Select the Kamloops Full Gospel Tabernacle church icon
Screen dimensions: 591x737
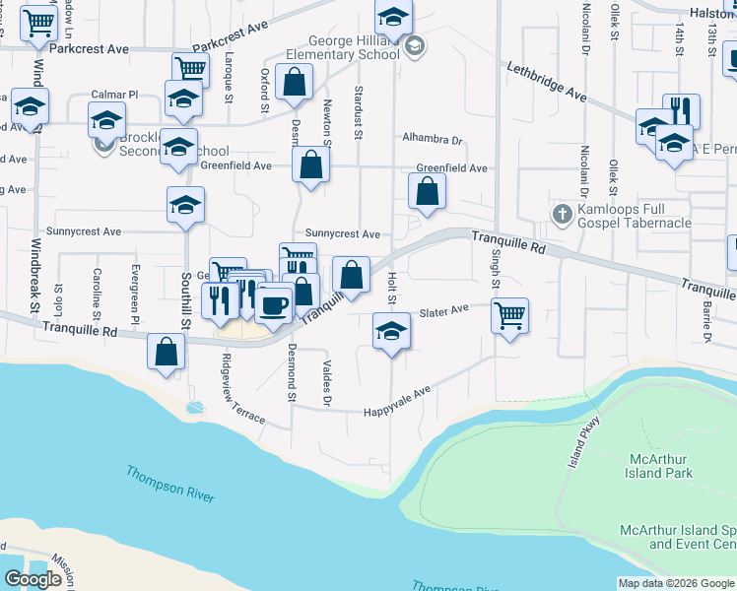pos(562,214)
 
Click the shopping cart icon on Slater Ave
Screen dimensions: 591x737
pos(509,317)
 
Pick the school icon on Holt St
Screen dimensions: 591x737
pos(391,331)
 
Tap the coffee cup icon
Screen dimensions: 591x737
pos(273,304)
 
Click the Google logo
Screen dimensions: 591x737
pos(33,579)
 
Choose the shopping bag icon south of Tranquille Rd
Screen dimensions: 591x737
pos(167,353)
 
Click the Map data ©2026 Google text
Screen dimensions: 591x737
pos(676,583)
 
